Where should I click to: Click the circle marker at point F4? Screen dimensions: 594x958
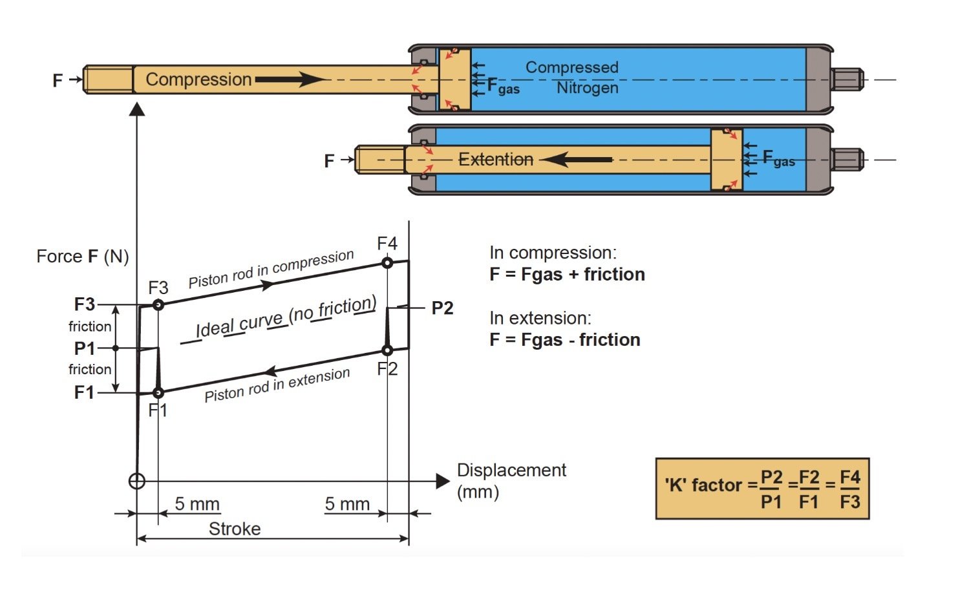[387, 262]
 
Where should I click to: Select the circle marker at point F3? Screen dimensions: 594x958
[158, 304]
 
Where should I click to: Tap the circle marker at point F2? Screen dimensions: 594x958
[387, 350]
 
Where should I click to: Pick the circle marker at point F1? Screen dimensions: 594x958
[158, 392]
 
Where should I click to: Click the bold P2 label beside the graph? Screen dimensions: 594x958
[442, 308]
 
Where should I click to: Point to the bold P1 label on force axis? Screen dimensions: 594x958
[85, 348]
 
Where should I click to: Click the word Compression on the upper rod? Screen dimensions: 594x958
[198, 80]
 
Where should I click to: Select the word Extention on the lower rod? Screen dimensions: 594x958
[496, 159]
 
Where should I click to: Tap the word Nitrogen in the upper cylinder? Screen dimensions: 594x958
[587, 87]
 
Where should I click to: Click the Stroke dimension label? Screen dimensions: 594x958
[235, 529]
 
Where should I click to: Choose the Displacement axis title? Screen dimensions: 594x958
[511, 470]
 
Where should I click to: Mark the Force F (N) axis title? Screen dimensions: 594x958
[83, 257]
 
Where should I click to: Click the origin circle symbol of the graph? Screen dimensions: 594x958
[137, 481]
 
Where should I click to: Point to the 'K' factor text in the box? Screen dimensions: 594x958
[703, 485]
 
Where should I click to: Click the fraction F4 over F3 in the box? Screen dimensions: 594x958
[849, 489]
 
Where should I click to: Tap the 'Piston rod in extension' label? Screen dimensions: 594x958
[277, 385]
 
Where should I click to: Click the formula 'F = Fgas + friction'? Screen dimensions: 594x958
[567, 275]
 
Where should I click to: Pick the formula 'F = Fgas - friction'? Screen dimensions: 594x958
[564, 340]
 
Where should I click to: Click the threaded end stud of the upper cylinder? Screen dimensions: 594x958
[847, 80]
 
